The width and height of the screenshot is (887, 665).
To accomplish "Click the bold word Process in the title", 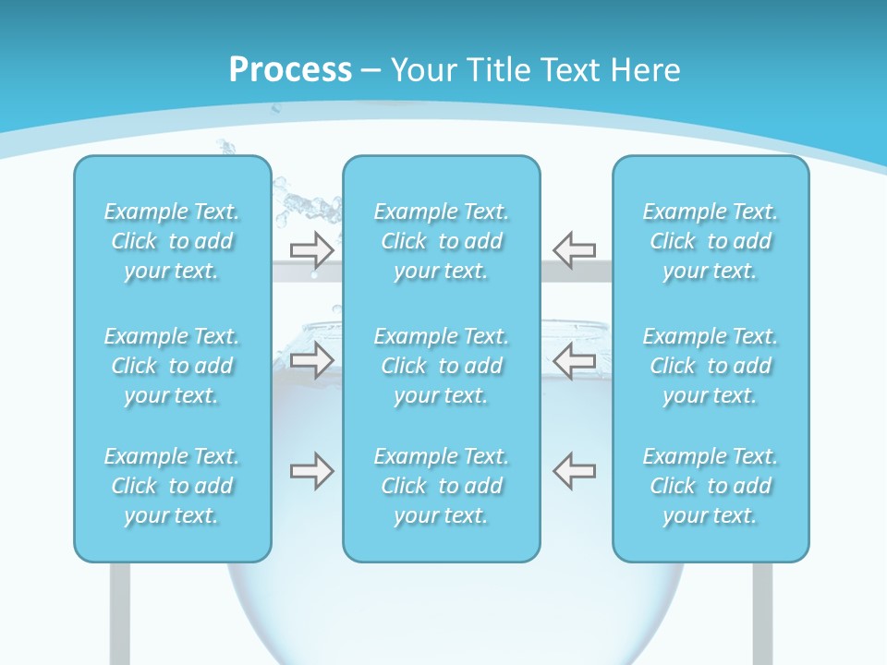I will (290, 70).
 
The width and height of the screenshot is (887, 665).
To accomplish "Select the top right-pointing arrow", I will (312, 249).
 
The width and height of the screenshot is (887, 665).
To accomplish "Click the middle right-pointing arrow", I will (312, 360).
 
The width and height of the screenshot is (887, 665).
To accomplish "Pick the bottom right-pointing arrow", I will (312, 471).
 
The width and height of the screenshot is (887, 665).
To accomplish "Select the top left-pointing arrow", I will (575, 249).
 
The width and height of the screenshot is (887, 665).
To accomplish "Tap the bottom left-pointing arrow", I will (575, 471).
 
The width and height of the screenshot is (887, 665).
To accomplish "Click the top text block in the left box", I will (172, 241).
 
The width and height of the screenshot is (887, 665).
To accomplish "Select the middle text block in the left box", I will (172, 366).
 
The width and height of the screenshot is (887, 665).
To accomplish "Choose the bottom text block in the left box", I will (172, 486).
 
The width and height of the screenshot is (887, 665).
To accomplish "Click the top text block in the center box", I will (442, 241).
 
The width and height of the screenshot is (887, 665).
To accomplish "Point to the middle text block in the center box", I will (442, 366).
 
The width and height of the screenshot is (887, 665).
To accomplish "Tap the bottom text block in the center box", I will (442, 486).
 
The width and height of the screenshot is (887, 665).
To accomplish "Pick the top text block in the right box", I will (711, 241).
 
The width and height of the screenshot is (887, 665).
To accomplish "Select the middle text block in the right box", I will (711, 366).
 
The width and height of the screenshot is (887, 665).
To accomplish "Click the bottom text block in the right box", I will (711, 486).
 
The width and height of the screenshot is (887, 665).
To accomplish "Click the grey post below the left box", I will (120, 613).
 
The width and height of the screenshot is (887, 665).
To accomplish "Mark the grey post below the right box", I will (762, 613).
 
